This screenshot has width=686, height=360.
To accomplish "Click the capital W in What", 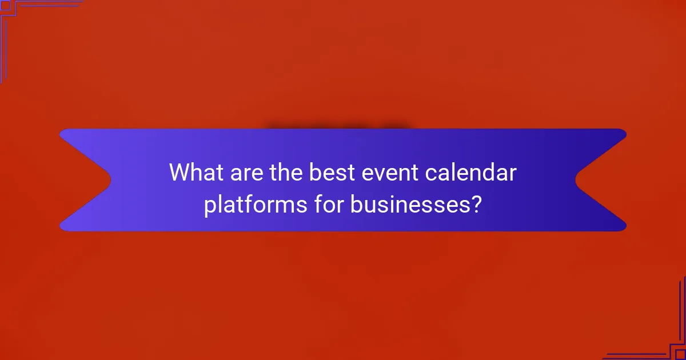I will click(181, 172).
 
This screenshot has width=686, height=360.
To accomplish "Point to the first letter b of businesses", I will click(356, 204).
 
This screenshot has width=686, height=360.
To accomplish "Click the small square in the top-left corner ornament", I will click(5, 5).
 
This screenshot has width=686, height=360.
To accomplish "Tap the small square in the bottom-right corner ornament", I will click(680, 354).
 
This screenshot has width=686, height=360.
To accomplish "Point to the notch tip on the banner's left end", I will click(110, 180).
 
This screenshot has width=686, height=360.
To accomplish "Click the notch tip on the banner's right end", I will click(576, 180).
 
